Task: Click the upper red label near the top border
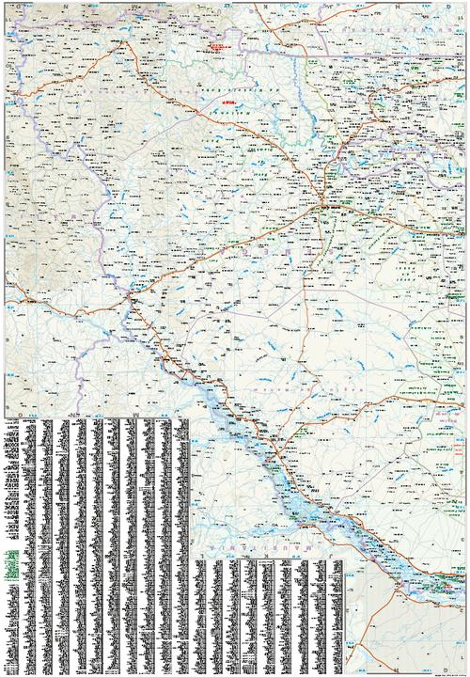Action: (x=222, y=45)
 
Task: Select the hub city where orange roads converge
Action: (x=323, y=204)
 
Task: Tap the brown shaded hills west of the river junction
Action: (x=56, y=254)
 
